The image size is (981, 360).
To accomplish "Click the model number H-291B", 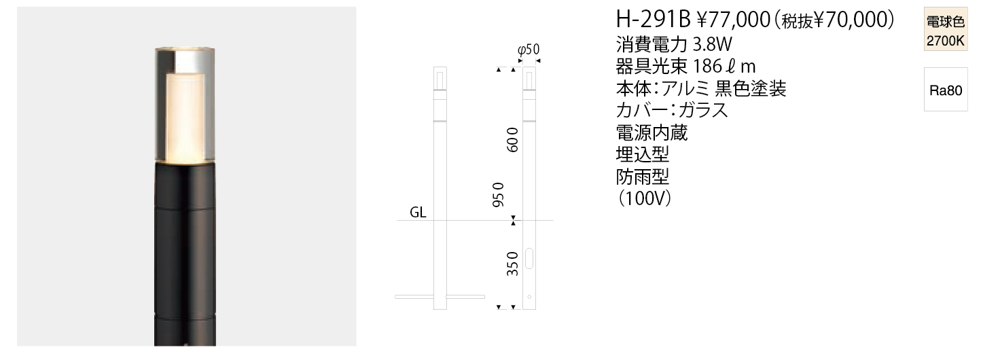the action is tap(654, 19).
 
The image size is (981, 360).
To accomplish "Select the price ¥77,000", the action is tap(734, 20).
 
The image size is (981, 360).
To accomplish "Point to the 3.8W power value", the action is tap(713, 44).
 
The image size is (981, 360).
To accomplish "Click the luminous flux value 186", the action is tap(708, 67).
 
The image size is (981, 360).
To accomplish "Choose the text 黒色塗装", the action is tap(751, 89).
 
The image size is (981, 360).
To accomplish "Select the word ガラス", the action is tap(703, 110).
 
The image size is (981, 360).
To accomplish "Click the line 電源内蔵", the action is tap(652, 132).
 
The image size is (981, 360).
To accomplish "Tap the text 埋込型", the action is tap(643, 155).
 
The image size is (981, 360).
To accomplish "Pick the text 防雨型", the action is tap(643, 177).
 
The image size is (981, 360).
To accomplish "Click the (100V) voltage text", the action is tap(643, 199).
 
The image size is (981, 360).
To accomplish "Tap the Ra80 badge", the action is tap(946, 90).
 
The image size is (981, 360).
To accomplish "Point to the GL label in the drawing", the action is tap(418, 213).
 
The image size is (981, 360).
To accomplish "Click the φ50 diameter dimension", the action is tap(528, 50).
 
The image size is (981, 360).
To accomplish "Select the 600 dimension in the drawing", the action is tap(512, 140).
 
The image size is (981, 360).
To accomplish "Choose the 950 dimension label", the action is tap(499, 194).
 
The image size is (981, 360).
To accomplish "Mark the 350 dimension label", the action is tap(512, 264).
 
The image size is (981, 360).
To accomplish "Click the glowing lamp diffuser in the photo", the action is tap(185, 118).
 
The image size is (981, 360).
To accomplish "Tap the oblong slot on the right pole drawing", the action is tap(529, 258).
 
